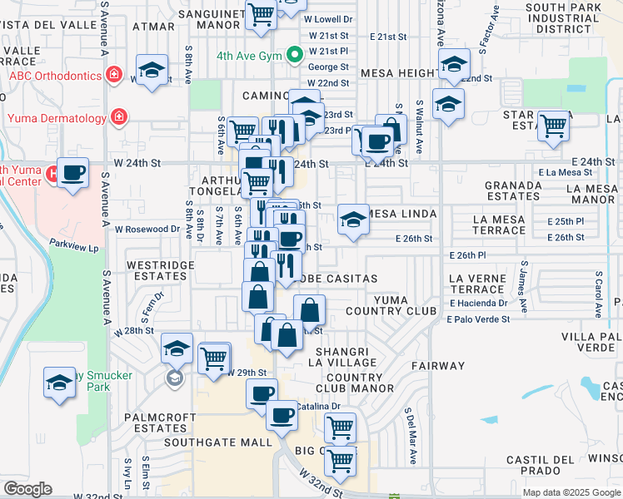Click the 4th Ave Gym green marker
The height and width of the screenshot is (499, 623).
(x=294, y=56)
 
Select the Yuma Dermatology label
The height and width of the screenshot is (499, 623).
(x=57, y=117)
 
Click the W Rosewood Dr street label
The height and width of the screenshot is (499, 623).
(x=148, y=229)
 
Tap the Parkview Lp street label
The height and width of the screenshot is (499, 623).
(x=73, y=247)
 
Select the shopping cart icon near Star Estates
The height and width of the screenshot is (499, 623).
(x=553, y=126)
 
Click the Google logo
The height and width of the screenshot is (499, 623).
(x=27, y=489)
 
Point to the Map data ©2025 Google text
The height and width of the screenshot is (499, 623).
(x=571, y=492)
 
